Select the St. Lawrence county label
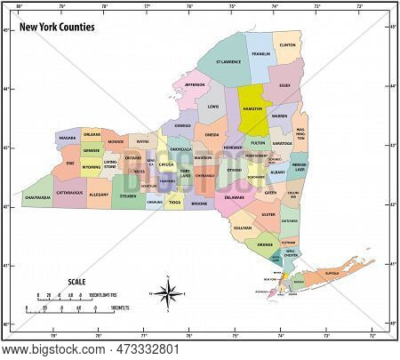coord(229,63)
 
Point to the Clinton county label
coord(287,44)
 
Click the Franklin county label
coord(260,53)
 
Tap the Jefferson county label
coord(196,85)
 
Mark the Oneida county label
coord(212,135)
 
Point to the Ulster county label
coord(269,213)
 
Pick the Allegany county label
coord(100,193)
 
